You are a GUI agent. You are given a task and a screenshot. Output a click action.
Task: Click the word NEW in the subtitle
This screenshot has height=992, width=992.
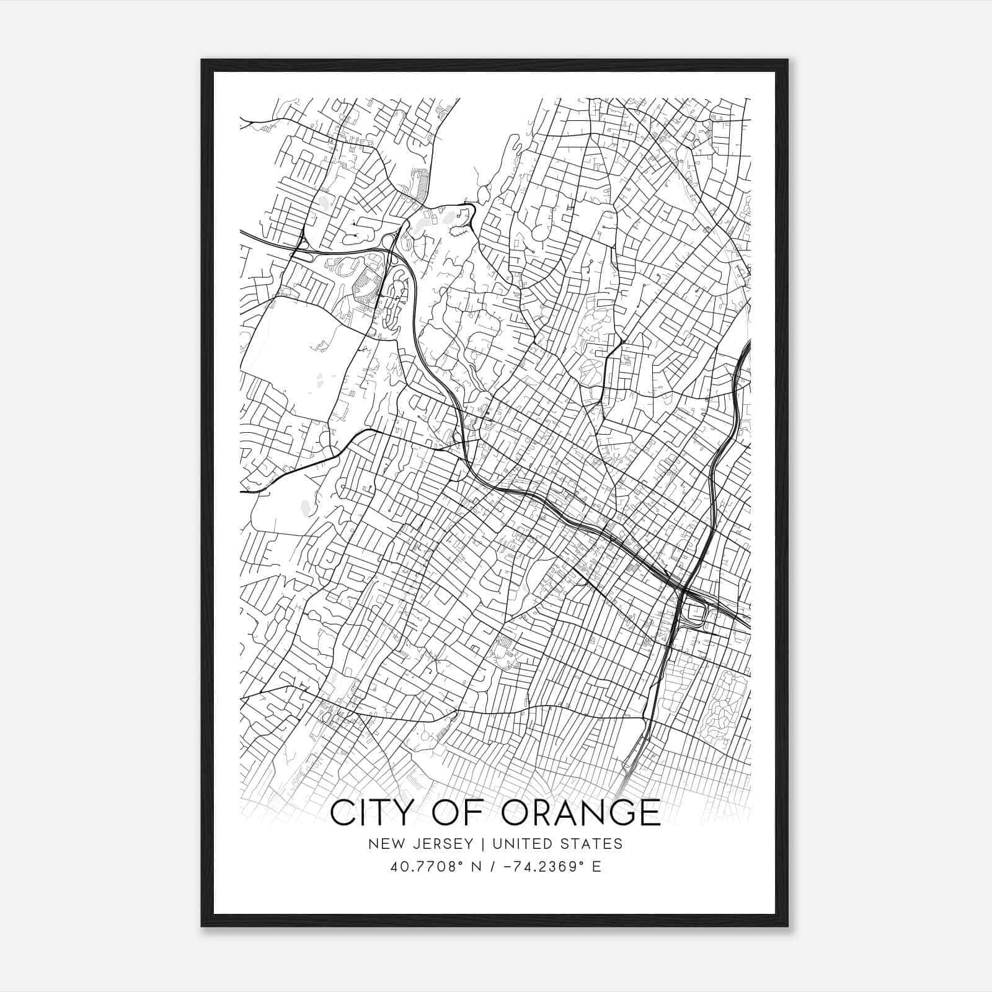[384, 844]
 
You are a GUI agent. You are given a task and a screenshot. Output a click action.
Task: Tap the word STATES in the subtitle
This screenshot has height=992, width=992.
[591, 844]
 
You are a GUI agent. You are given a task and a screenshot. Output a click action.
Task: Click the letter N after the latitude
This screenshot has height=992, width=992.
[476, 867]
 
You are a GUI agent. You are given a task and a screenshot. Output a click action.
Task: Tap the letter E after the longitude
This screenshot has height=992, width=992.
[596, 867]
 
